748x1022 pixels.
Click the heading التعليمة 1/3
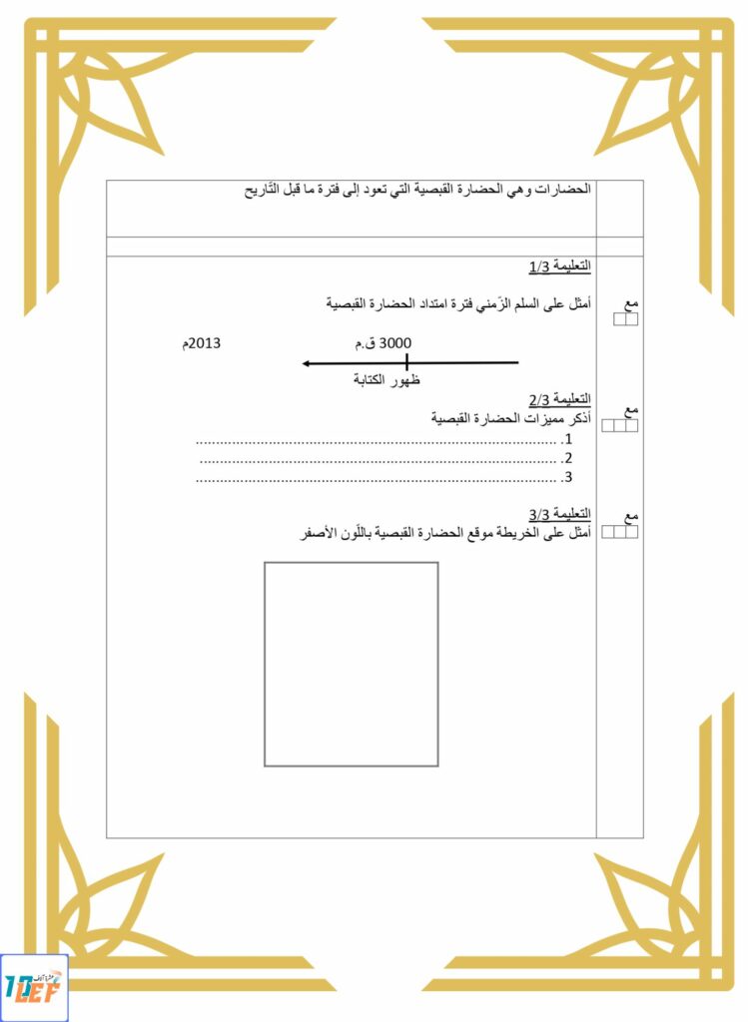559,267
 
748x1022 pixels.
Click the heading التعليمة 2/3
559,400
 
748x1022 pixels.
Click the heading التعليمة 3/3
559,515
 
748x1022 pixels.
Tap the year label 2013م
200,343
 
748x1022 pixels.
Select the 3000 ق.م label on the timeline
382,343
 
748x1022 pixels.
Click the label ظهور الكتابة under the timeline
386,380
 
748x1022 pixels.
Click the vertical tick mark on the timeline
407,363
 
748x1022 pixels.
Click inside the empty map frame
351,664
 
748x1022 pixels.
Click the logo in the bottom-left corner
34,988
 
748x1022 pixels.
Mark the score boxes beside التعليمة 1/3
625,320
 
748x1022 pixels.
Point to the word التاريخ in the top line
265,190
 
